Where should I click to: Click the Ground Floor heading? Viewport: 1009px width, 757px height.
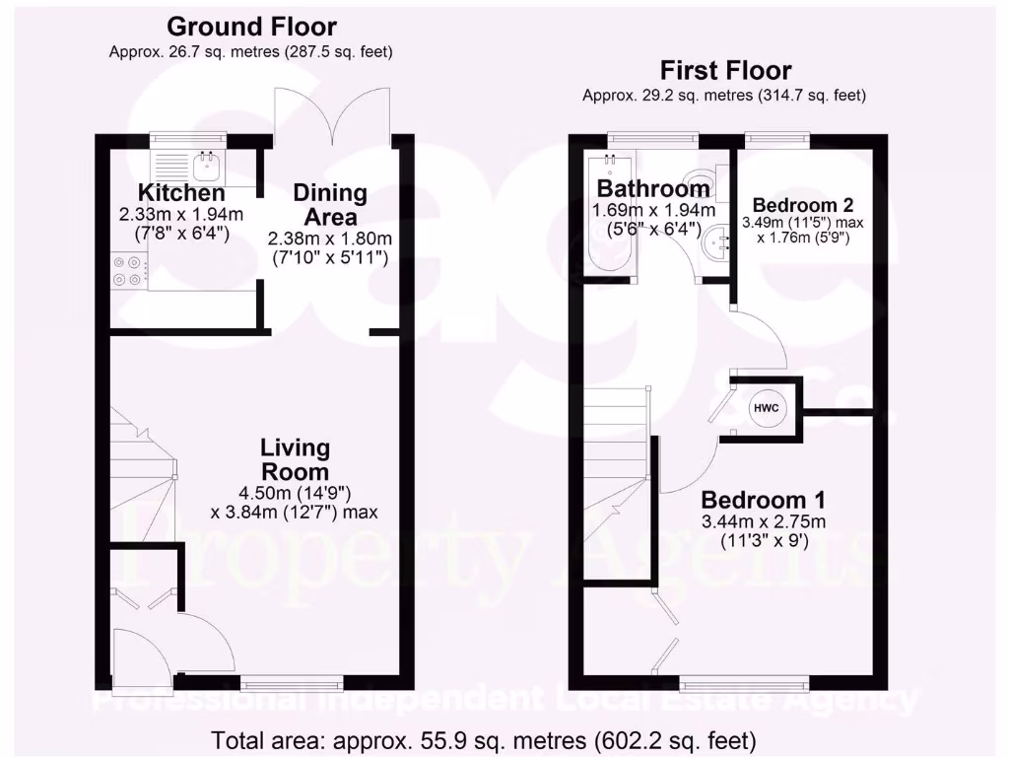pyautogui.click(x=251, y=27)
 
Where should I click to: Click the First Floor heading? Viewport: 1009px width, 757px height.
pyautogui.click(x=725, y=70)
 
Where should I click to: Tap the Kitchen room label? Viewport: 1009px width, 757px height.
pyautogui.click(x=181, y=193)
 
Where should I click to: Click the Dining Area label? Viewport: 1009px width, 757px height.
pyautogui.click(x=330, y=205)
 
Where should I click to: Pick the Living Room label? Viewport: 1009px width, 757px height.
pyautogui.click(x=294, y=459)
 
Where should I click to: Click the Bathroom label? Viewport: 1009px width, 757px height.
pyautogui.click(x=653, y=188)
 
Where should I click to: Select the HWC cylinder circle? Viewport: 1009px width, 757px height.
pyautogui.click(x=767, y=408)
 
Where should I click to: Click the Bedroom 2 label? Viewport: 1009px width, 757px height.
pyautogui.click(x=803, y=205)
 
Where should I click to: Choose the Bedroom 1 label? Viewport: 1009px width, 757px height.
pyautogui.click(x=764, y=499)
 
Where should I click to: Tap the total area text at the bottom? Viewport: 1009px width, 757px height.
pyautogui.click(x=483, y=738)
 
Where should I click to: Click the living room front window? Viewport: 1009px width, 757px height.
pyautogui.click(x=293, y=681)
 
